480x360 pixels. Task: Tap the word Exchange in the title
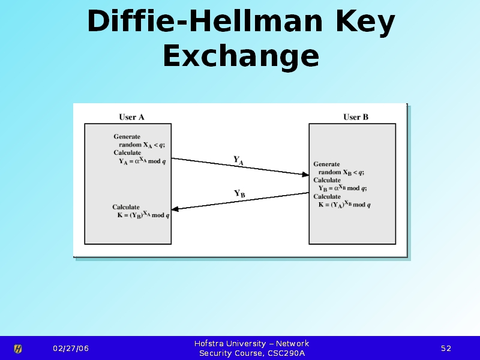(x=241, y=56)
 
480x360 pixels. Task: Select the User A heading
(x=131, y=117)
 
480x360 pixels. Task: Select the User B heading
(x=356, y=117)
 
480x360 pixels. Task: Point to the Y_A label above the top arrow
(x=238, y=160)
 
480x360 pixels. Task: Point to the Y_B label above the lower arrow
(x=239, y=194)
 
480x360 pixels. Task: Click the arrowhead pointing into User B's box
(x=305, y=174)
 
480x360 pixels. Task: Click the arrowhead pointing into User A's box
(x=176, y=209)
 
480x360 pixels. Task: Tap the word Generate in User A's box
(x=127, y=137)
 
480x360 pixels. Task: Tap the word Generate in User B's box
(x=326, y=164)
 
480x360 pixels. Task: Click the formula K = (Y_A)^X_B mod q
(x=344, y=205)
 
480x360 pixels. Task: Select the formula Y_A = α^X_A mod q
(x=143, y=161)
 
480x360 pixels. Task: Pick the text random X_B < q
(x=341, y=172)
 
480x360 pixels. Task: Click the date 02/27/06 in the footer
(x=70, y=349)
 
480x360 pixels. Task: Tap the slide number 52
(x=446, y=349)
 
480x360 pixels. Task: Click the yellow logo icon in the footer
(x=18, y=349)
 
